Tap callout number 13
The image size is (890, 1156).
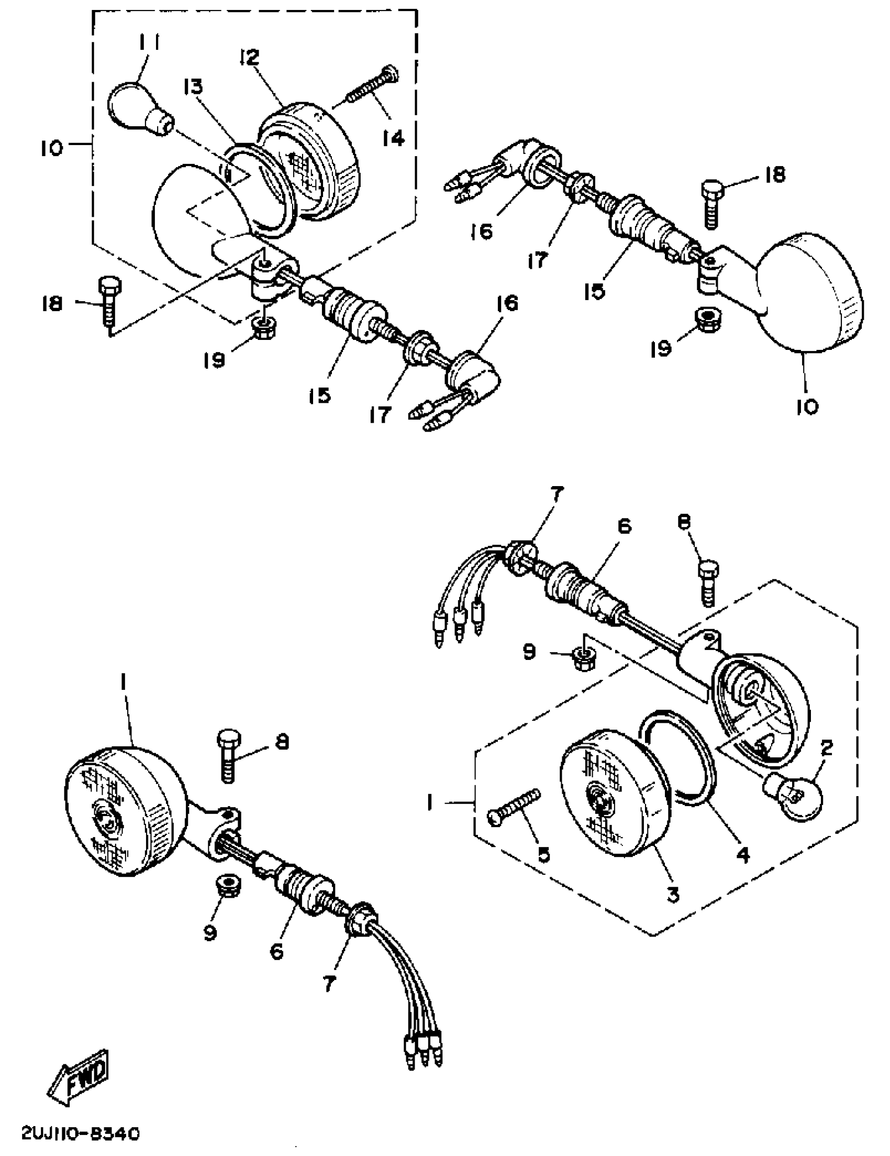[194, 87]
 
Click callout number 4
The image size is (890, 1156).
[743, 854]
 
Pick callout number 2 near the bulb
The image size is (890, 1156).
[826, 747]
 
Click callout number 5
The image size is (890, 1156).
[543, 853]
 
